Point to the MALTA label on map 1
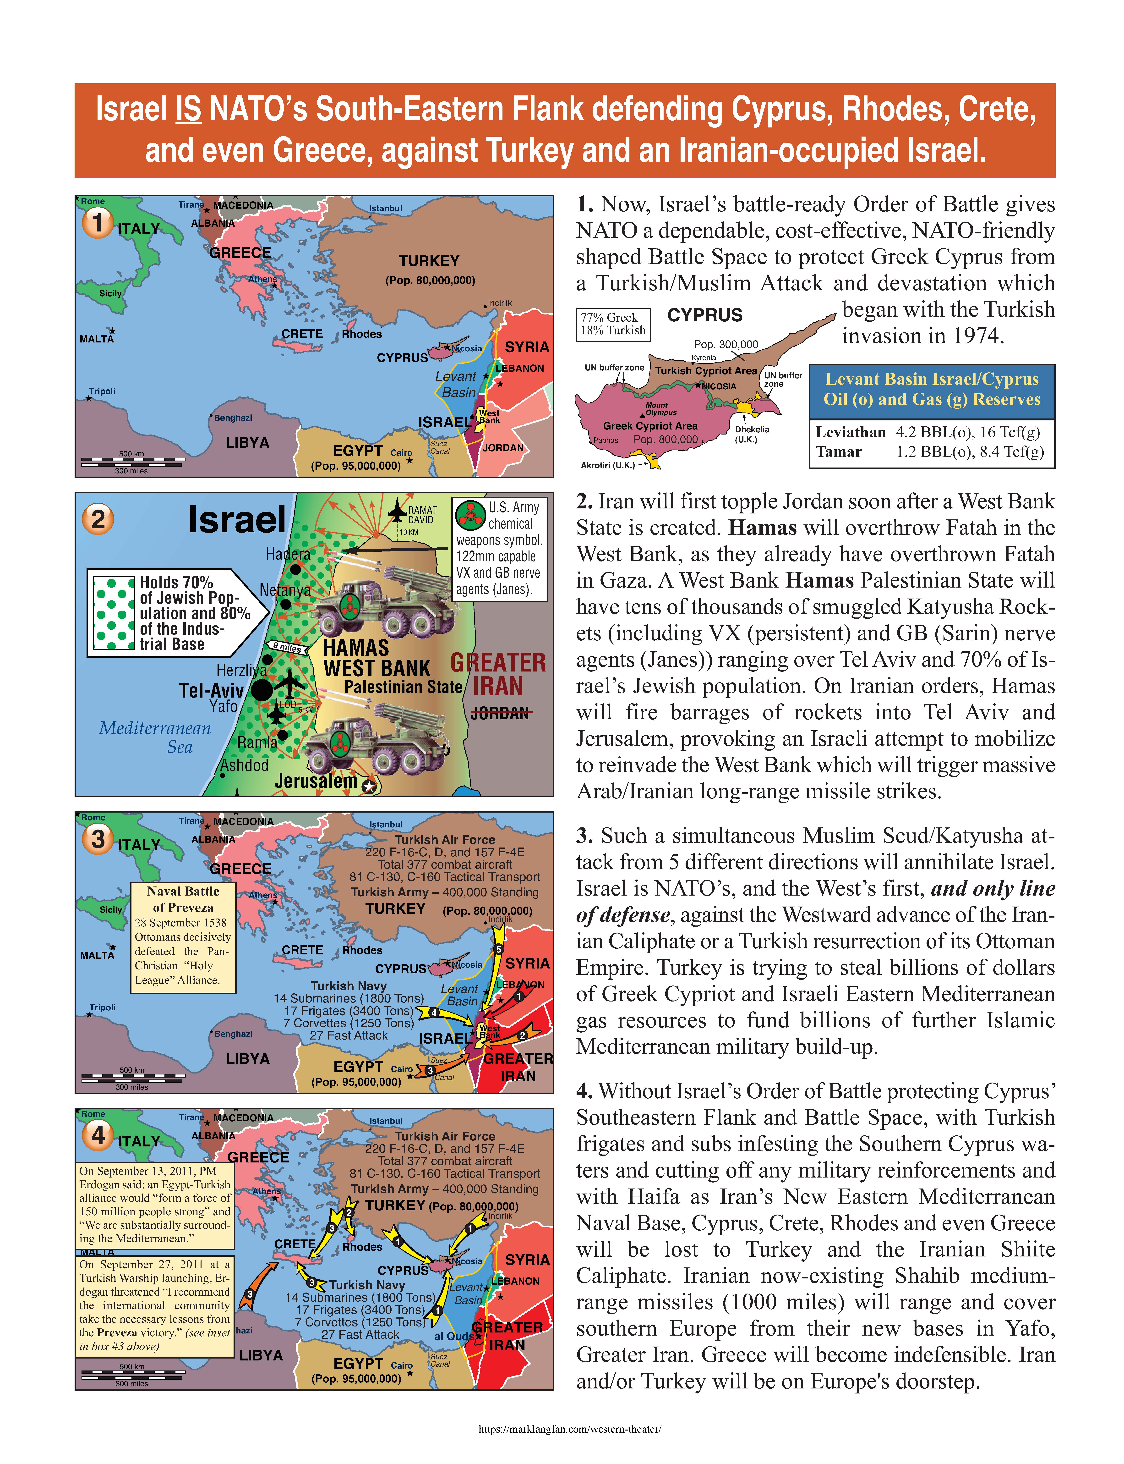[x=97, y=339]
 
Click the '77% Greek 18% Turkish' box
[x=613, y=324]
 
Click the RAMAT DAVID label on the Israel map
[x=422, y=515]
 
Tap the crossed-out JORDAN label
[x=501, y=714]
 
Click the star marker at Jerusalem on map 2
[x=369, y=787]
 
